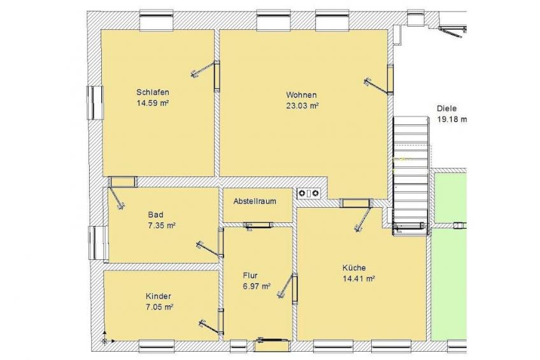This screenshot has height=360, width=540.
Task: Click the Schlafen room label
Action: pos(153,92)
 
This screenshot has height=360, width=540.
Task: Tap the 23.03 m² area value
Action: pos(302,105)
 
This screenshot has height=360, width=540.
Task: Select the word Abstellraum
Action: pos(255,201)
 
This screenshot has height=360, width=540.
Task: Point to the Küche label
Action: pos(354,268)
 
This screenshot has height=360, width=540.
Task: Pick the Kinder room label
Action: pos(159,296)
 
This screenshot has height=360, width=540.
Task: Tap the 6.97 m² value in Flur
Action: pos(257,286)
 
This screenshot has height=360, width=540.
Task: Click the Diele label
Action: pos(446,108)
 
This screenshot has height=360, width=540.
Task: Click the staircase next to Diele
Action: pos(411,176)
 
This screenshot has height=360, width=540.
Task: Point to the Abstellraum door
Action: pos(259,226)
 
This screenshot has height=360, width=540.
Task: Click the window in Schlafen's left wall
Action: pos(95,103)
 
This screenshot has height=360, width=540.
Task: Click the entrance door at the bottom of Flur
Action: pos(272,345)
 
